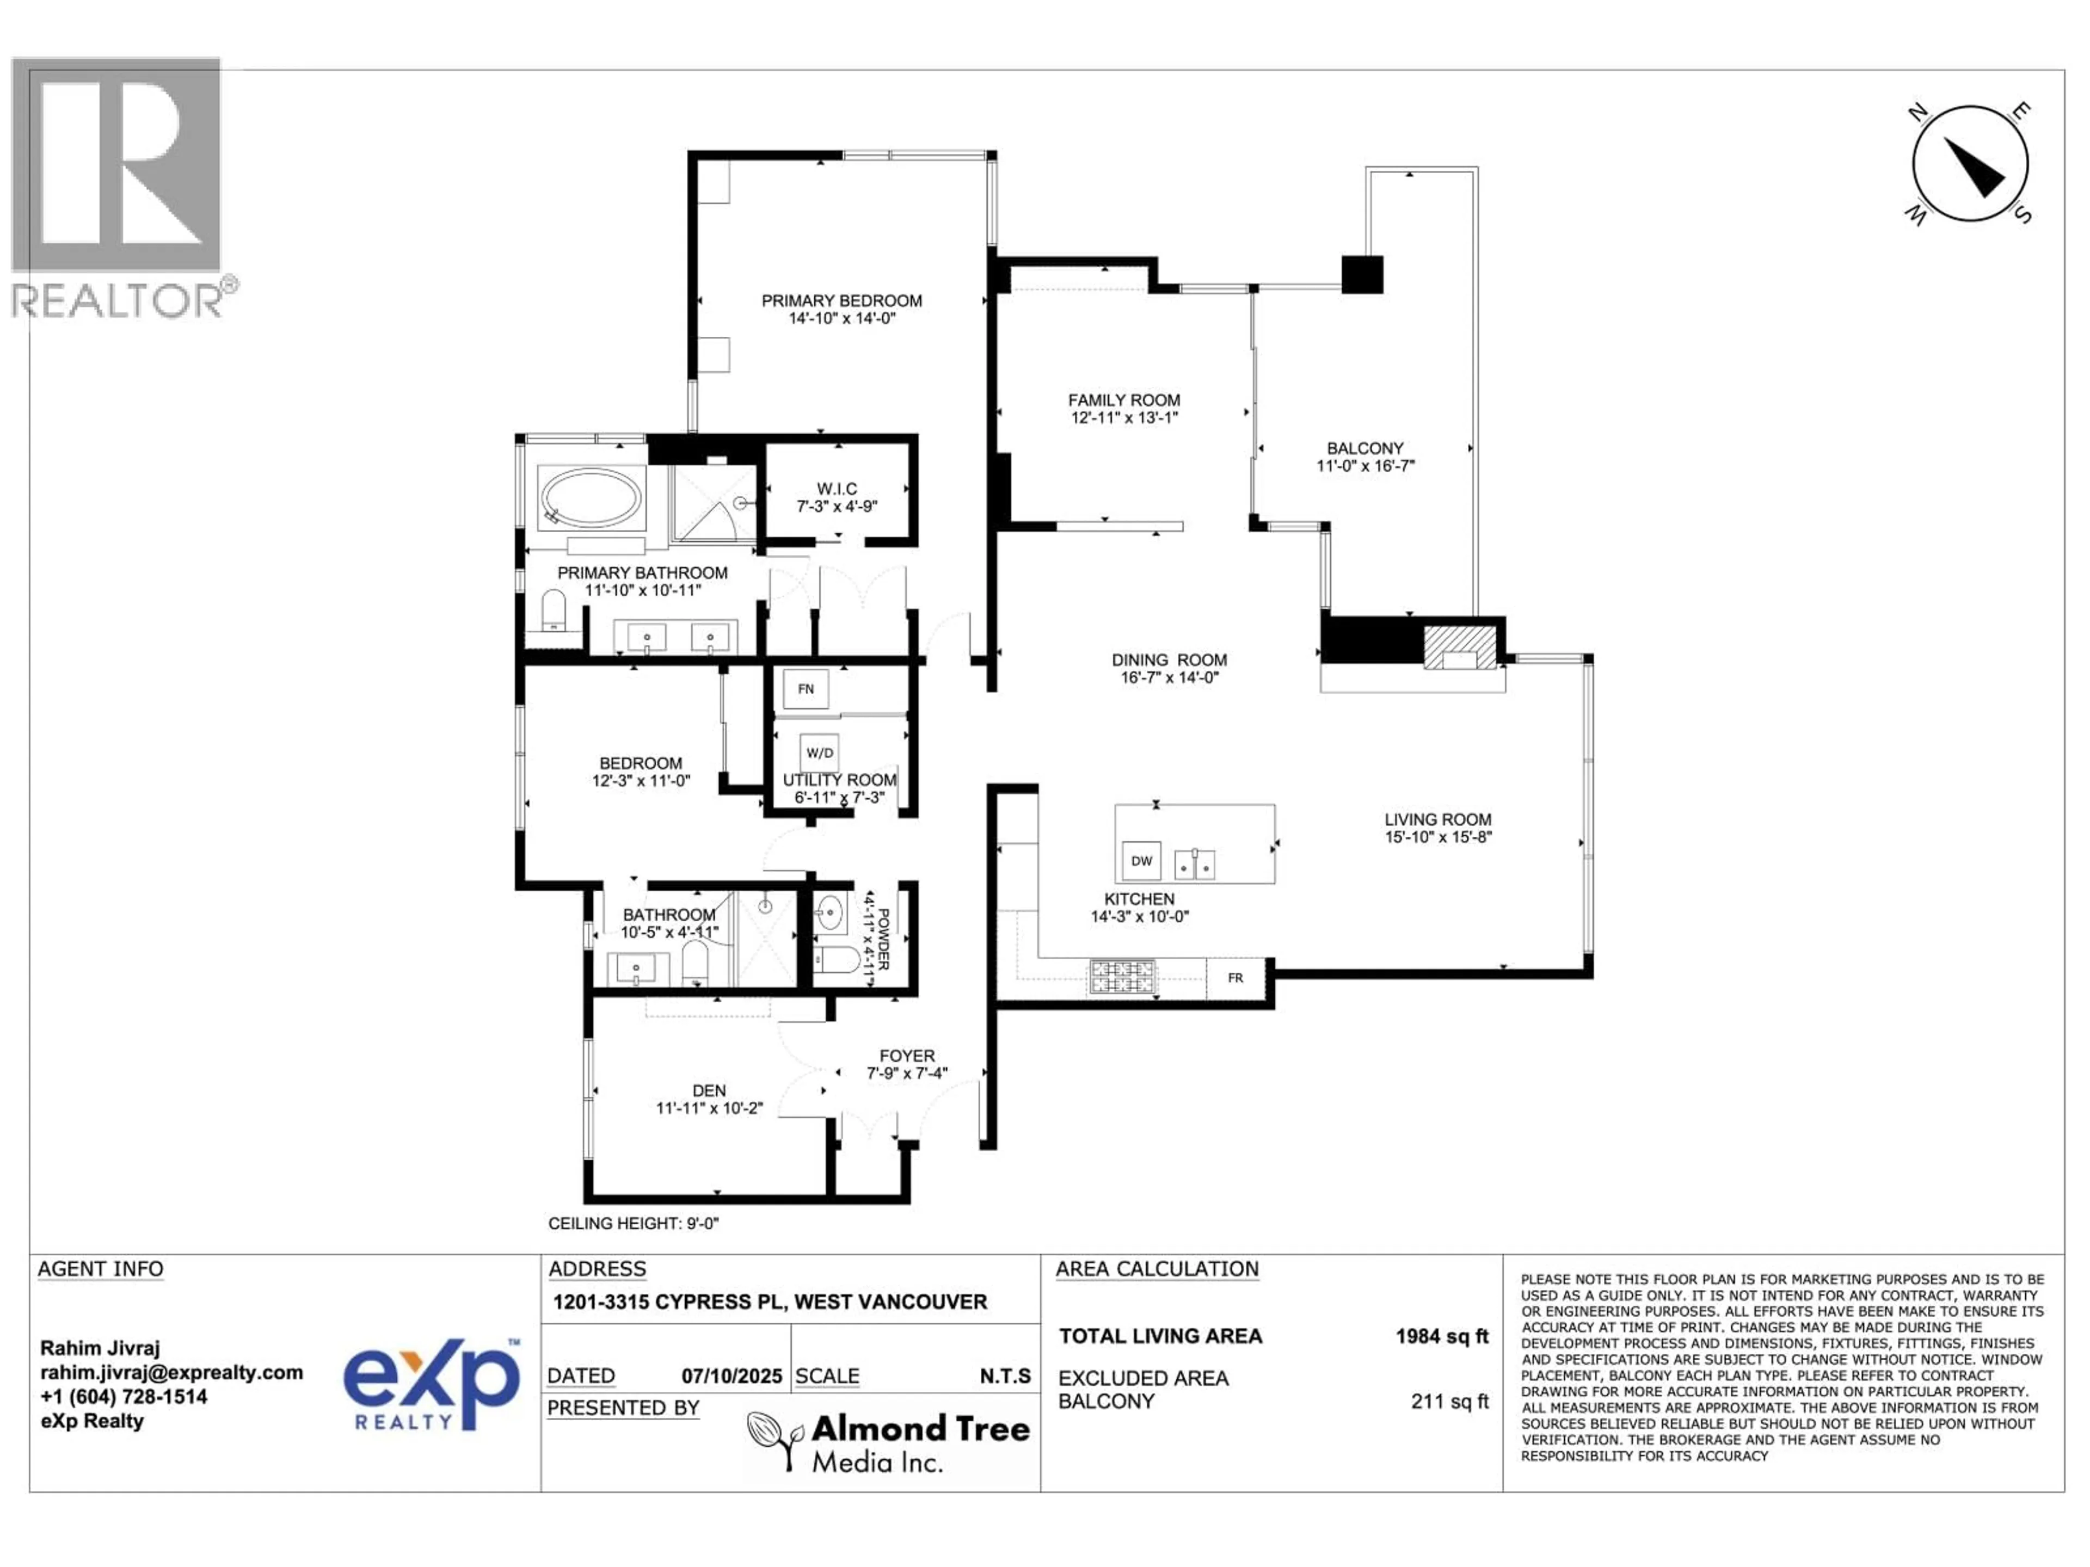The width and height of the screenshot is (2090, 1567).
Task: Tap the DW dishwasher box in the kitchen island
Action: (1141, 860)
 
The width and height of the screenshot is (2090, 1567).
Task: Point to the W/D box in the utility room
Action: (819, 753)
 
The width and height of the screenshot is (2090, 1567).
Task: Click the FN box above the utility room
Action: (806, 689)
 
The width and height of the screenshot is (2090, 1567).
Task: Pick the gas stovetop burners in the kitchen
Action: (1122, 977)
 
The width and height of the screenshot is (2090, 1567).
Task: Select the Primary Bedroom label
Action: (842, 300)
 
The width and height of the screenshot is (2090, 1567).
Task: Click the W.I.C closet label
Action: (837, 489)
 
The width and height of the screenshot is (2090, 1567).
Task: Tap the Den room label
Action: (710, 1090)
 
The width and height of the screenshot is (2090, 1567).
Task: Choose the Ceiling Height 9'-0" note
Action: (634, 1223)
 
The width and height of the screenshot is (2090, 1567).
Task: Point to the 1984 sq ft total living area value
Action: (1442, 1336)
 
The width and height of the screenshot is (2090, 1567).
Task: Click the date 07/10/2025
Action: (732, 1376)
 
